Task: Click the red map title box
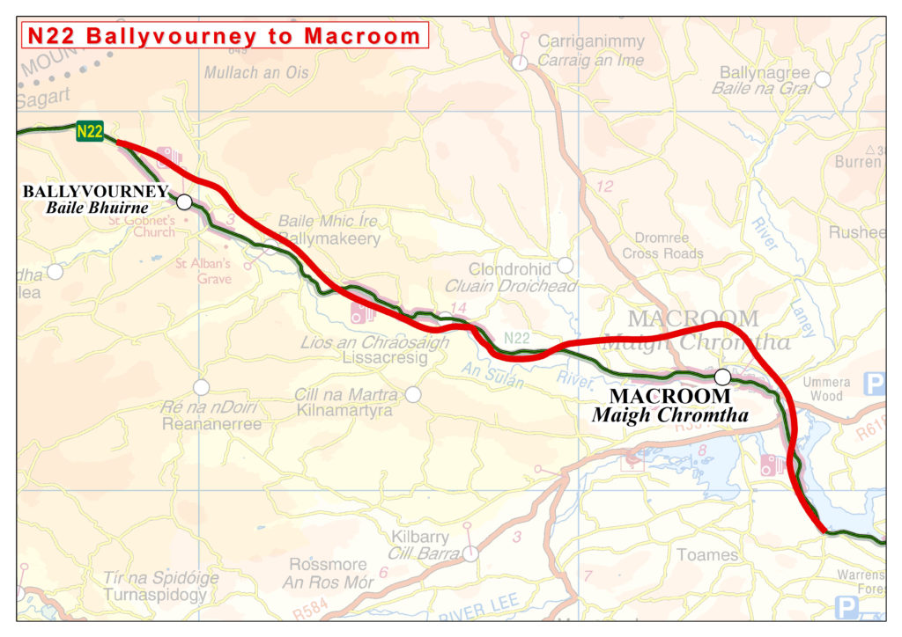tap(225, 36)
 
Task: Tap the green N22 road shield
tap(90, 132)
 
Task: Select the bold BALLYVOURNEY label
tap(95, 191)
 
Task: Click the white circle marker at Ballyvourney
tap(184, 201)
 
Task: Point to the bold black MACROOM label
tap(670, 397)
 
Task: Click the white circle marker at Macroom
tap(722, 377)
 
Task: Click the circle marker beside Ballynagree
tap(823, 79)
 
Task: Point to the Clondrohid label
tap(510, 269)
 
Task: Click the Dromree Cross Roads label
tap(662, 245)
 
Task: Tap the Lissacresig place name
tap(387, 358)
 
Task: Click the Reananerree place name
tap(211, 424)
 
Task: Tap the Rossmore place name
tap(328, 565)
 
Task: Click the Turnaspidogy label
tap(155, 595)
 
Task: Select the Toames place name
tap(707, 554)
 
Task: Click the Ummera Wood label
tap(827, 389)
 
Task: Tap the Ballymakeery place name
tap(330, 238)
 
